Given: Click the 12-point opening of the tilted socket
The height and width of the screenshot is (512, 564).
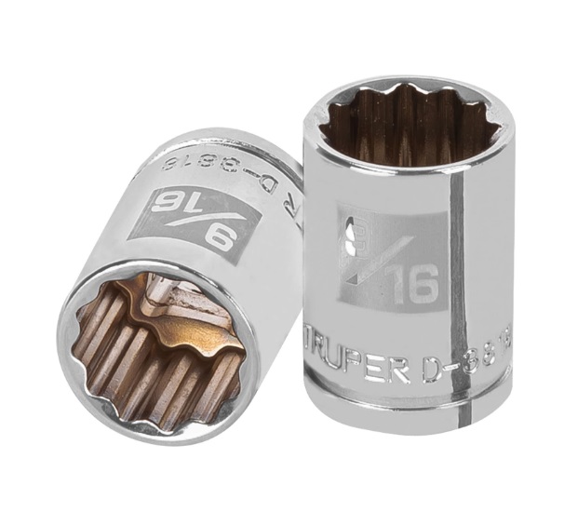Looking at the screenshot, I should click(x=156, y=344).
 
